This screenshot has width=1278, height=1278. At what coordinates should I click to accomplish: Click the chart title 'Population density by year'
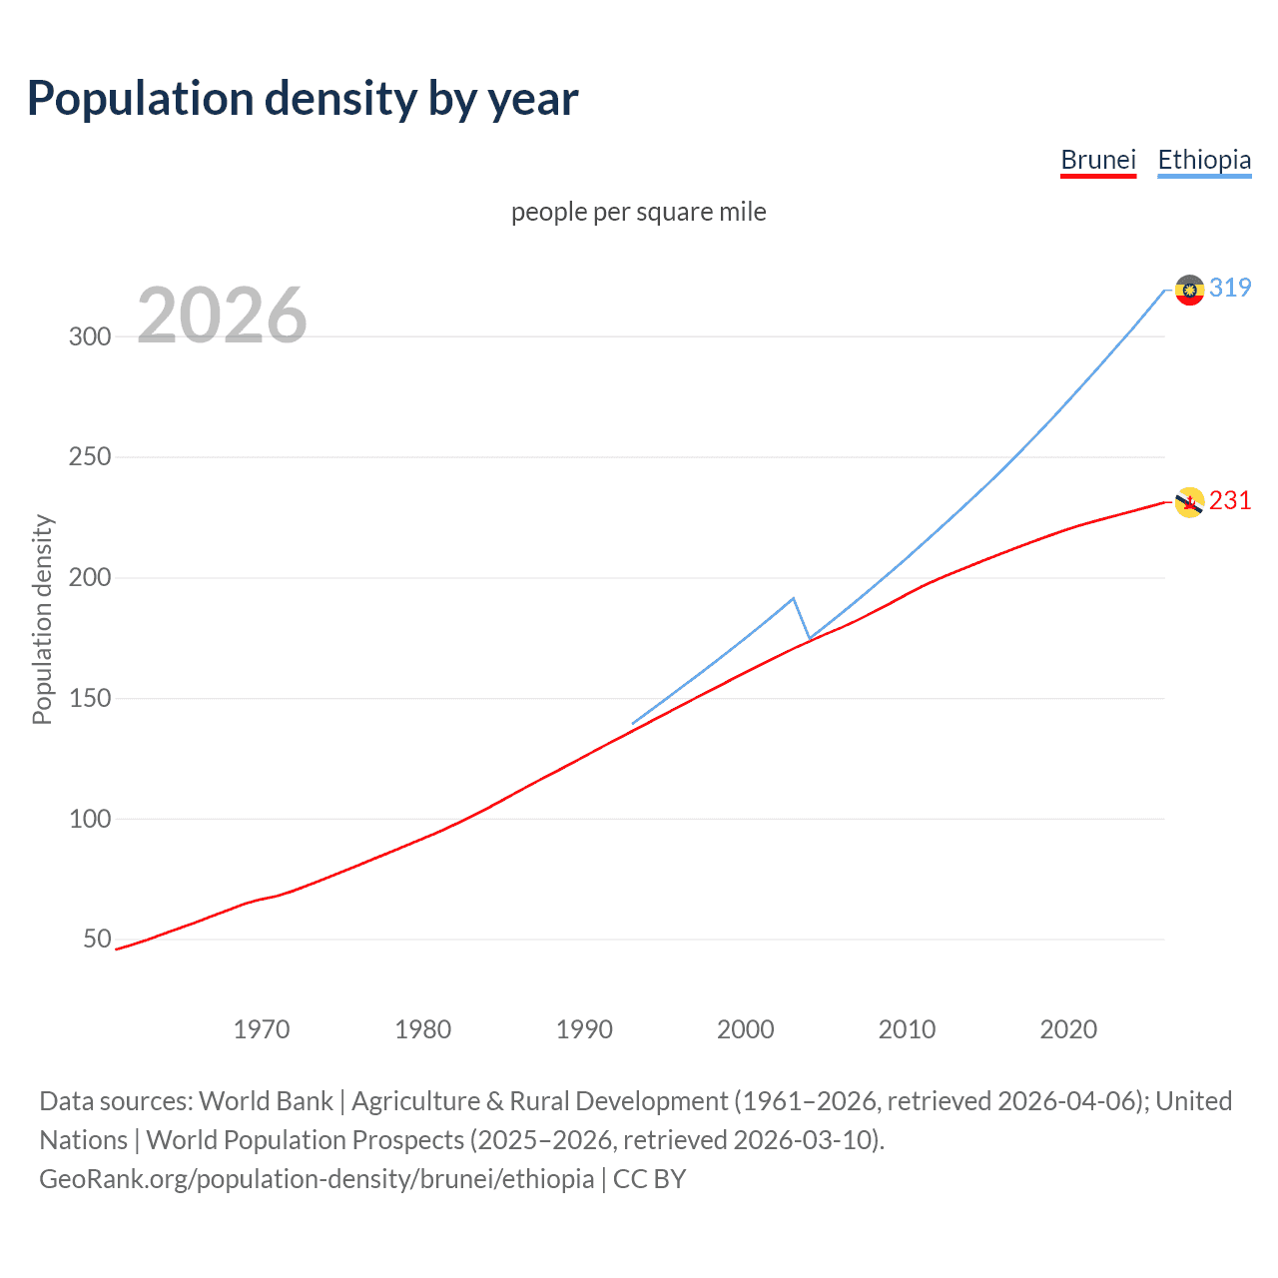coord(303,99)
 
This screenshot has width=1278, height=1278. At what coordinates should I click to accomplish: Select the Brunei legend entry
coord(1097,160)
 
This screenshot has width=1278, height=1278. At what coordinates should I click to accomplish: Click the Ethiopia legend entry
coord(1203,160)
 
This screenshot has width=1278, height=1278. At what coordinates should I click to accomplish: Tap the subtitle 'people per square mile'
coord(638,212)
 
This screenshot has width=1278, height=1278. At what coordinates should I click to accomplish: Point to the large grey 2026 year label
coord(222,316)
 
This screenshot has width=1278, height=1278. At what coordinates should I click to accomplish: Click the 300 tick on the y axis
coord(90,336)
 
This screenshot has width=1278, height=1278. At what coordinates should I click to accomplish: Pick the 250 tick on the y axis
coord(90,457)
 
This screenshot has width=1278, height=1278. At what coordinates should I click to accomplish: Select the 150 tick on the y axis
coord(90,699)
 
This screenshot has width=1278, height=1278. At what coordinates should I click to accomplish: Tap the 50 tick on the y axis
coord(97,940)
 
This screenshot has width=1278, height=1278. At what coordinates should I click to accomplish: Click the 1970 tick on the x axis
coord(262,1029)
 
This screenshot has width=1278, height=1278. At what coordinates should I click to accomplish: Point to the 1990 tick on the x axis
coord(584,1029)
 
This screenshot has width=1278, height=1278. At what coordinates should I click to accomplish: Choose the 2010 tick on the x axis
coord(907,1029)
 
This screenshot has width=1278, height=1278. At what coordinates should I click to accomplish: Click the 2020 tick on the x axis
coord(1068,1029)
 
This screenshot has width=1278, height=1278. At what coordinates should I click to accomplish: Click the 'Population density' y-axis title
coord(42,619)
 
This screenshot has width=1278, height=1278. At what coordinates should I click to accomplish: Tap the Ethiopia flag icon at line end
coord(1188,290)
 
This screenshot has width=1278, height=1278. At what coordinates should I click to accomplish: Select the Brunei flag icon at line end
coord(1188,502)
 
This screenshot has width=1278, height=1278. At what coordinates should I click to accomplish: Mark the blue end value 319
coord(1230,289)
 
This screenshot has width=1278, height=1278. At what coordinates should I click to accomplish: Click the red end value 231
coord(1230,500)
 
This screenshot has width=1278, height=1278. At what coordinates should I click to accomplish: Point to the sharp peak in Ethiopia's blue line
coord(793,598)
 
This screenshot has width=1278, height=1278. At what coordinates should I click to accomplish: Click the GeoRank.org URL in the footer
coord(317,1179)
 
